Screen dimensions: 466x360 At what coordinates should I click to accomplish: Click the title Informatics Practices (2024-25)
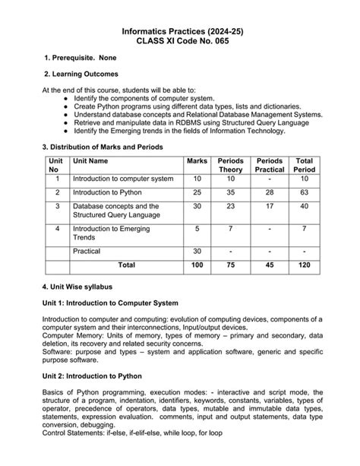[x=180, y=30]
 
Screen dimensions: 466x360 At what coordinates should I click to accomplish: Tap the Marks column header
[x=197, y=161]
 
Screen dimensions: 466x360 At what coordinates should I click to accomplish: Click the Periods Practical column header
[x=270, y=165]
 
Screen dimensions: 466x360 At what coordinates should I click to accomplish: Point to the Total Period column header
[x=304, y=165]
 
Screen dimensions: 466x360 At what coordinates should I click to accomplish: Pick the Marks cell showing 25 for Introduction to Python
[x=197, y=193]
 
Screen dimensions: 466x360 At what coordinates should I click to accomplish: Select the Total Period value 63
[x=304, y=193]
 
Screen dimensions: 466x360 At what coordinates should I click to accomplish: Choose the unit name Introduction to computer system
[x=123, y=179]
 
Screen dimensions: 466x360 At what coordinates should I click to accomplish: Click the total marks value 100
[x=197, y=265]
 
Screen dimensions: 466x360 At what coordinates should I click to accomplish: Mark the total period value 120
[x=304, y=265]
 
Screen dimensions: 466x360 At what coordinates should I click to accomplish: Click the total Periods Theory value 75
[x=231, y=265]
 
